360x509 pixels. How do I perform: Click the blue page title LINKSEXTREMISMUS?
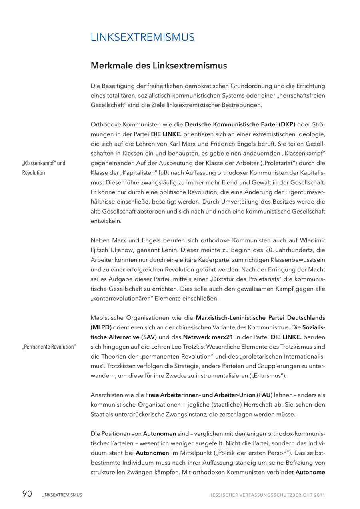click(142, 37)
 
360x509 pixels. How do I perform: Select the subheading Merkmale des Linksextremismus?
click(159, 65)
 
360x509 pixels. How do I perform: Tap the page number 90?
click(27, 494)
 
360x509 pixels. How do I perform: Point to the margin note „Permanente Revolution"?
click(49, 347)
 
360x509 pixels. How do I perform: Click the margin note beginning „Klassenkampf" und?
click(44, 163)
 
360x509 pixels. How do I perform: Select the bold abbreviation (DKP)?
click(287, 124)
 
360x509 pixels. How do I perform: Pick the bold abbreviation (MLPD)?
click(101, 327)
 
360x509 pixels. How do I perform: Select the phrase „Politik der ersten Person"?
click(259, 453)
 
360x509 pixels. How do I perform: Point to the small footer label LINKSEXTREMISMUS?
click(62, 495)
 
